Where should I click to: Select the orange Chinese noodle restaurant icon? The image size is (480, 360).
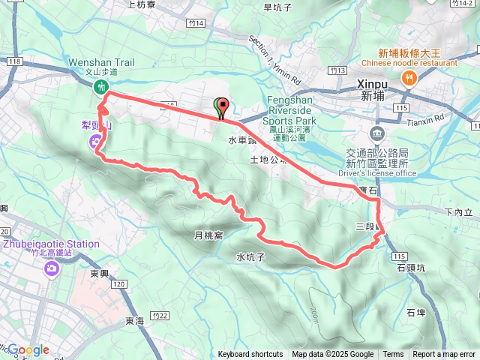click(409, 77)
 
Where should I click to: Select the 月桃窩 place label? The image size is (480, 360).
click(209, 235)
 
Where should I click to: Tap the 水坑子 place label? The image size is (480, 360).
click(252, 257)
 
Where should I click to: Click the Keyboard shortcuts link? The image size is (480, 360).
click(250, 355)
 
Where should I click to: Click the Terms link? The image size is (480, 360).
click(393, 355)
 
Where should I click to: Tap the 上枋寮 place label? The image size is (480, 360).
click(142, 4)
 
